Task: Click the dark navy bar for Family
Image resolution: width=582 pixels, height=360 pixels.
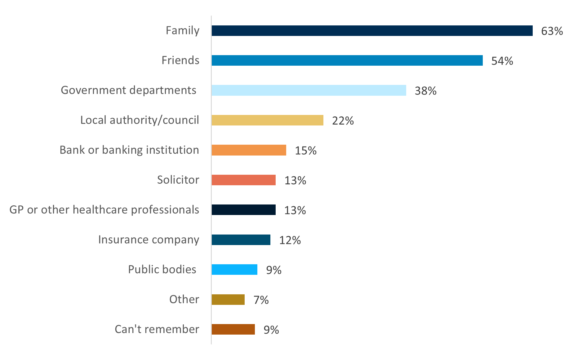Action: [x=372, y=31]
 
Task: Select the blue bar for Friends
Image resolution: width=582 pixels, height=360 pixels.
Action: [x=347, y=60]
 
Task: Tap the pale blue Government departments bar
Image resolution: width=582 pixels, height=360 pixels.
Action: [x=309, y=90]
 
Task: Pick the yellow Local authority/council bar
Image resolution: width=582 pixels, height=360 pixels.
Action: [x=267, y=120]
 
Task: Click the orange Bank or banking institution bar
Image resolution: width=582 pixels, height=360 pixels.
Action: [x=249, y=150]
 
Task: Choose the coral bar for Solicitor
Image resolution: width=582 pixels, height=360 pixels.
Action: [x=243, y=180]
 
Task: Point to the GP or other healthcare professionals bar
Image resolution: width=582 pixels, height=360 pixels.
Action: [x=243, y=210]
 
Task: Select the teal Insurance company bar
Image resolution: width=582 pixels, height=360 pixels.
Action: [x=241, y=240]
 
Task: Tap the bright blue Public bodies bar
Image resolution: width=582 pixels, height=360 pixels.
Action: [x=234, y=270]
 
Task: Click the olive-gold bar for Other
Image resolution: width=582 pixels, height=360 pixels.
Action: [x=228, y=300]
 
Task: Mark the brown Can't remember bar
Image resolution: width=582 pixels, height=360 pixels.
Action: [x=233, y=329]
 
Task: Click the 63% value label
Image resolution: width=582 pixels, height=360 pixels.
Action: [x=552, y=31]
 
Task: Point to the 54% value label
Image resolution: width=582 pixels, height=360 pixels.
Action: [x=502, y=61]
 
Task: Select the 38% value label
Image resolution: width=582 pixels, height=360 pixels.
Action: [x=425, y=91]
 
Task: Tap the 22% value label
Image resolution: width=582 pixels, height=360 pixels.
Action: [x=343, y=121]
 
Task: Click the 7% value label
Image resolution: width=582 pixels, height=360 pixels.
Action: [x=261, y=300]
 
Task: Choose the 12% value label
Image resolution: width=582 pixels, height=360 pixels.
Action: [x=290, y=240]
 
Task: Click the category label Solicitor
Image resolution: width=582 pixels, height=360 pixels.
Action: [x=178, y=180]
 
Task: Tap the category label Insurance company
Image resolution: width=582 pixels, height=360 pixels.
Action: [x=149, y=239]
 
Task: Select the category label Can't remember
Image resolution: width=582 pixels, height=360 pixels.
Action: [x=157, y=329]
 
